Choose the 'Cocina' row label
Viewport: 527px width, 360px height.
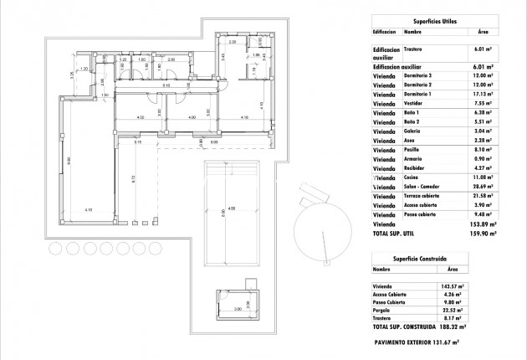(x=414, y=178)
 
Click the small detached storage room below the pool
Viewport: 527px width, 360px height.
(x=237, y=306)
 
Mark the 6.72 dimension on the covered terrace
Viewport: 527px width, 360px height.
(x=134, y=178)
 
